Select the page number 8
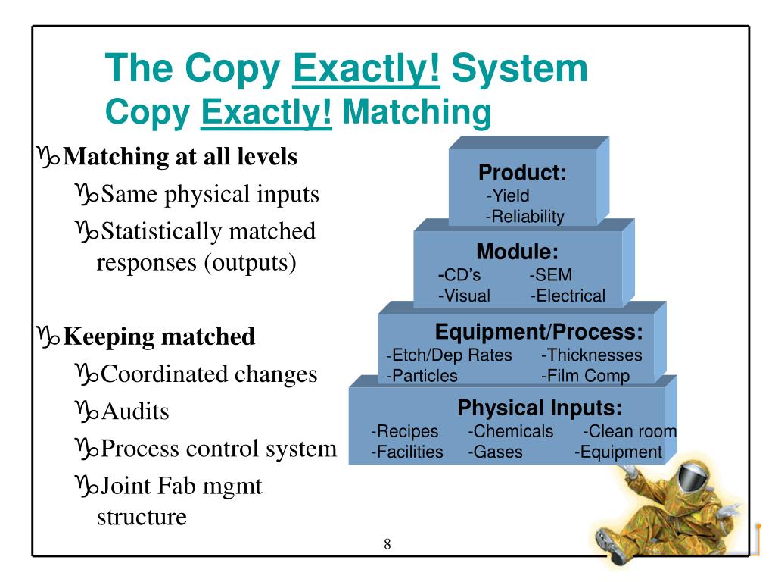click(387, 544)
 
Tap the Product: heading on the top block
click(522, 172)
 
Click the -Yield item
click(508, 196)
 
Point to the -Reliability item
click(525, 217)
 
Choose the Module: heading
click(518, 252)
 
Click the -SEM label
click(551, 274)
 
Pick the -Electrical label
click(568, 296)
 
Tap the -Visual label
click(464, 296)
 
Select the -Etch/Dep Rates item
click(449, 355)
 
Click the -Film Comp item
click(585, 376)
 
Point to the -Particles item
click(422, 376)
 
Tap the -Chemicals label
click(511, 431)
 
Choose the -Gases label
click(495, 452)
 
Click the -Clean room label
click(630, 431)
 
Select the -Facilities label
click(406, 452)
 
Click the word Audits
click(135, 411)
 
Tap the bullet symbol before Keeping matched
click(48, 336)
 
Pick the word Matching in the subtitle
click(417, 112)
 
